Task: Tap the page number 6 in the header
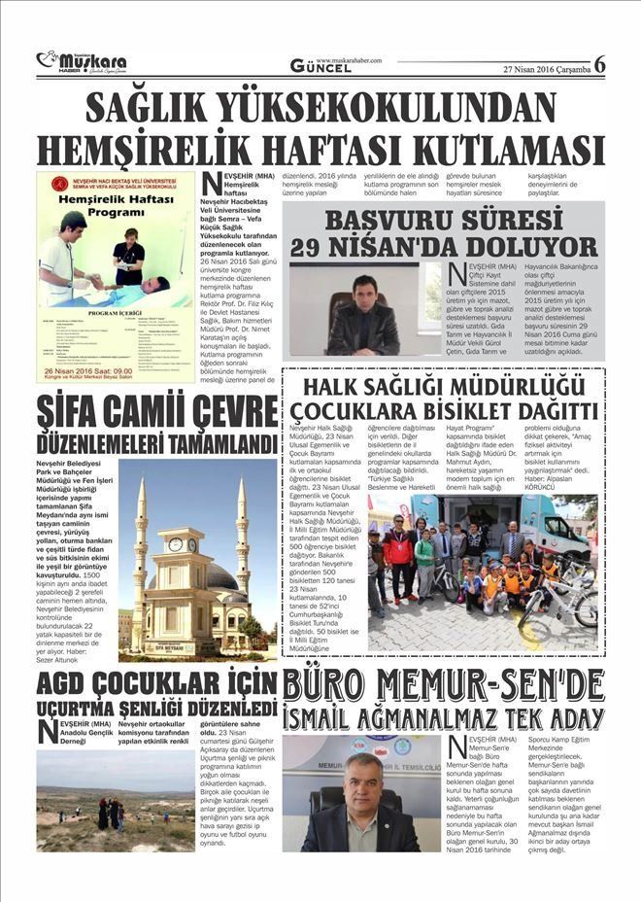pyautogui.click(x=599, y=64)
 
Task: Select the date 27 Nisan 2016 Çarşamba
pyautogui.click(x=546, y=69)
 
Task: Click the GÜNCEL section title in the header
pyautogui.click(x=320, y=67)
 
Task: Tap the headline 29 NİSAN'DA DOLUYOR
pyautogui.click(x=443, y=246)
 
